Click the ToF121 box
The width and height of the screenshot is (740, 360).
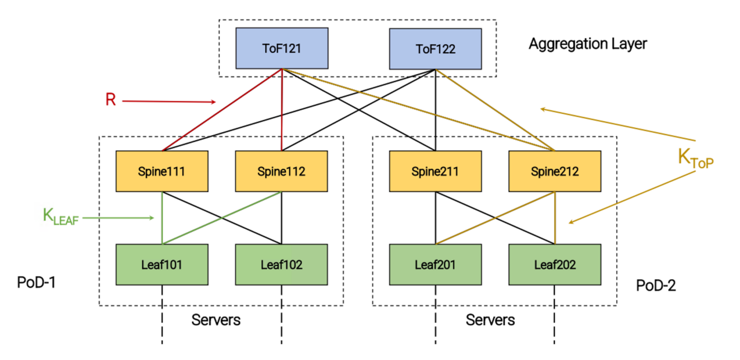point(281,49)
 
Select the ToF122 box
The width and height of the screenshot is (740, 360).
point(436,49)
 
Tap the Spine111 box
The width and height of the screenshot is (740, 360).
point(162,171)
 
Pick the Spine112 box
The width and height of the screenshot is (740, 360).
point(281,171)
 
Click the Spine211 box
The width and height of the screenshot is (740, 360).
point(436,171)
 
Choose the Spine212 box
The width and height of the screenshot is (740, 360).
point(555,171)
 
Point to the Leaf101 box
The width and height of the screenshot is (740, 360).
point(162,264)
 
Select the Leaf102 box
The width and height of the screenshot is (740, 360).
point(281,264)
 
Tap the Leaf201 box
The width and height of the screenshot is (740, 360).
point(436,264)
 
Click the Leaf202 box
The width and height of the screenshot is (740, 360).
point(555,264)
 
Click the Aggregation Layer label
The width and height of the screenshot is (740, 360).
point(587,44)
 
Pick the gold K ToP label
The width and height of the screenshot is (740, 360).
point(699,158)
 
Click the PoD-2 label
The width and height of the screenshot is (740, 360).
point(656,285)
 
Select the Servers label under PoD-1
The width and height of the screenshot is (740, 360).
point(216,320)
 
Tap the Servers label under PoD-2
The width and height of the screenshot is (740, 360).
point(490,320)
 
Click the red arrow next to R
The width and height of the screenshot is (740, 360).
point(168,101)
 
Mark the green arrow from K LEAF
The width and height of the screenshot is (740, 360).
point(118,218)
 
